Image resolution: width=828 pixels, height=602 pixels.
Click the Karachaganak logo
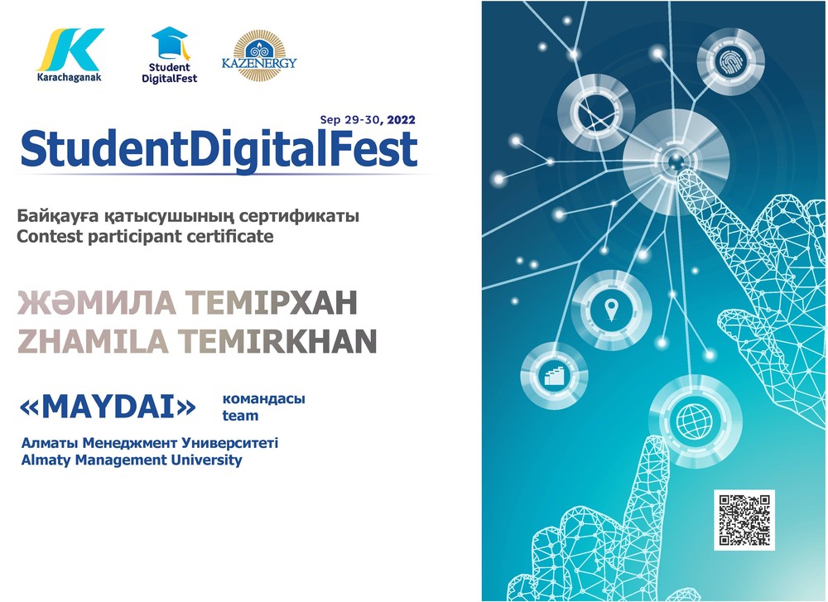point(70,55)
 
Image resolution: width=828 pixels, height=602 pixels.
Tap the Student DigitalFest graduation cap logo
point(169,55)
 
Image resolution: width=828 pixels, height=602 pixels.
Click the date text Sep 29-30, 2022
point(368,120)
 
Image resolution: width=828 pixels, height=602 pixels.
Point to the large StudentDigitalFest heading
point(219,149)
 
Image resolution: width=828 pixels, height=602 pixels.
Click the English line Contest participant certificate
point(145,236)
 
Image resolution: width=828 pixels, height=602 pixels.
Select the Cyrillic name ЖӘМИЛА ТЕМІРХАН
point(187,302)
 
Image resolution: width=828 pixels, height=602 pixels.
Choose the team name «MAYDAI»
point(108,407)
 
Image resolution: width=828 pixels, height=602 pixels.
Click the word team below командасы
point(240,416)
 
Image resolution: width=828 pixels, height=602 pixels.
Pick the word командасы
point(264,398)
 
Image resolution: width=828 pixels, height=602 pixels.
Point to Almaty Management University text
point(132,460)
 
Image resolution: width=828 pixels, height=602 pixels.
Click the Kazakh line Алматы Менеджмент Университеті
point(149,442)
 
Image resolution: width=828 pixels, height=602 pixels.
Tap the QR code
point(744,520)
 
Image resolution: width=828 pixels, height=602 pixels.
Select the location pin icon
point(611,310)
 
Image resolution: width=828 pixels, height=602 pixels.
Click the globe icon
point(693,420)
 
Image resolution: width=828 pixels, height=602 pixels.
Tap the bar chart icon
point(553,374)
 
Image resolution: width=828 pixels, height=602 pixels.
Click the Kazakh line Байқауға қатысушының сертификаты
point(188,216)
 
